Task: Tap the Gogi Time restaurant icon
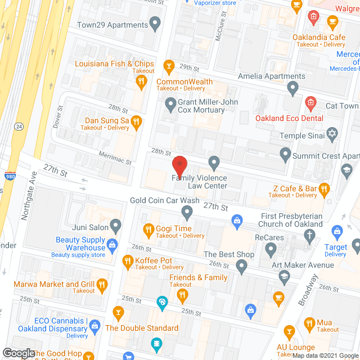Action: pos(148,228)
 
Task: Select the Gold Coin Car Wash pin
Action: pos(187,212)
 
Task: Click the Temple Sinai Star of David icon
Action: pos(332,134)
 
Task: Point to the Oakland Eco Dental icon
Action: pos(309,103)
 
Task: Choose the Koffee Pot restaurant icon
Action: pos(127,260)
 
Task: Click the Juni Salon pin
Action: pos(116,226)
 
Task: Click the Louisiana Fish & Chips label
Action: pos(118,64)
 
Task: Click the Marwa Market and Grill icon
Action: pos(102,285)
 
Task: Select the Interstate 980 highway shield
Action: pos(10,176)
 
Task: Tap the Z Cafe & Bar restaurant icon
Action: pos(324,190)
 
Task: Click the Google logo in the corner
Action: pos(18,353)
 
